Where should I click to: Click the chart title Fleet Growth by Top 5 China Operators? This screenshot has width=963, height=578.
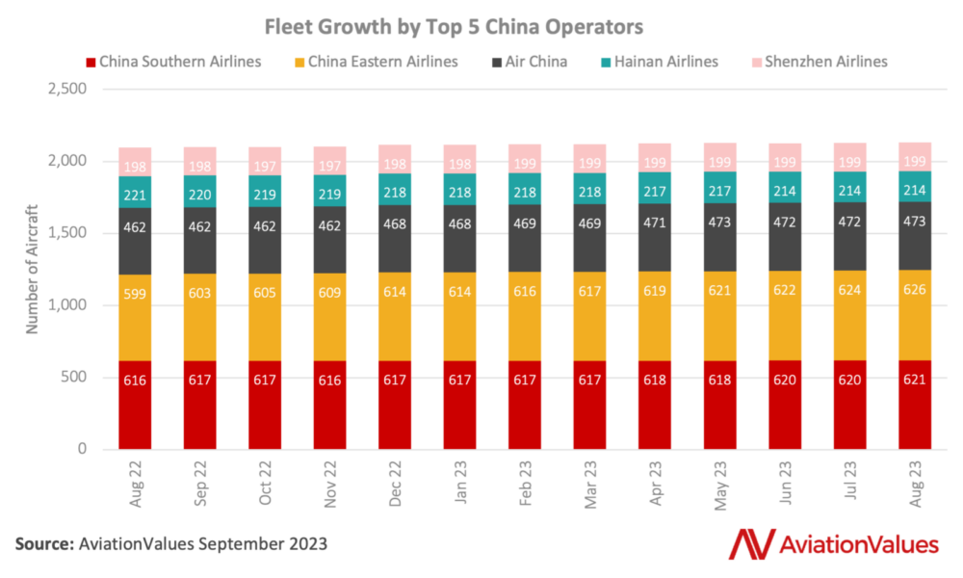(x=481, y=25)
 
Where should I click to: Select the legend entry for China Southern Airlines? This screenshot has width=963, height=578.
(x=179, y=62)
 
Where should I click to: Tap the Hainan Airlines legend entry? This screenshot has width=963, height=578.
(x=662, y=62)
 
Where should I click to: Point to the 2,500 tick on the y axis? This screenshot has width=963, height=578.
(x=67, y=90)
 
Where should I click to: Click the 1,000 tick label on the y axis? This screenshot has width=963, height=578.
(x=67, y=305)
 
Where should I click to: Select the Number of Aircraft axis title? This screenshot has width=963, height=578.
(x=32, y=269)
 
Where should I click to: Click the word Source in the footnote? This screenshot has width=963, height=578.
(x=44, y=544)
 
